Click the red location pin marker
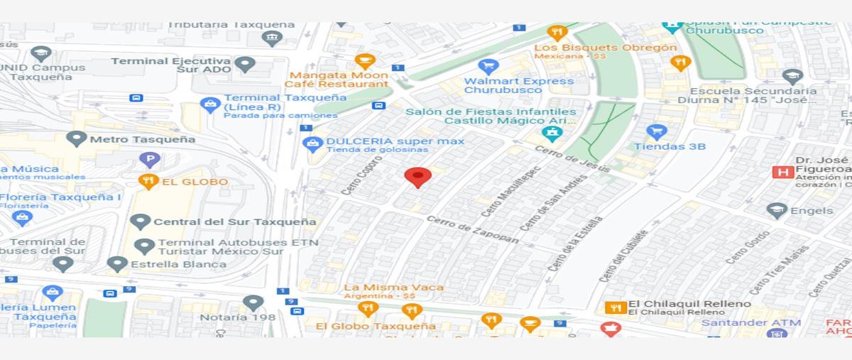pos(417,177)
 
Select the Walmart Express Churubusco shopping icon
pos(488,67)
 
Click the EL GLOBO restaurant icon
pos(148,182)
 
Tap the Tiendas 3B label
pos(670,146)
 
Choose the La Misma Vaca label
pos(394,287)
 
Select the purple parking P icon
pos(149,160)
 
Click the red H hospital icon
pos(783,172)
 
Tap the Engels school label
pos(812,210)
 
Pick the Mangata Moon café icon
pos(364,61)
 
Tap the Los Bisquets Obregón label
pos(605,48)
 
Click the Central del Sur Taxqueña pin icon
pos(141,222)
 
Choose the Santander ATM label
pos(750,322)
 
